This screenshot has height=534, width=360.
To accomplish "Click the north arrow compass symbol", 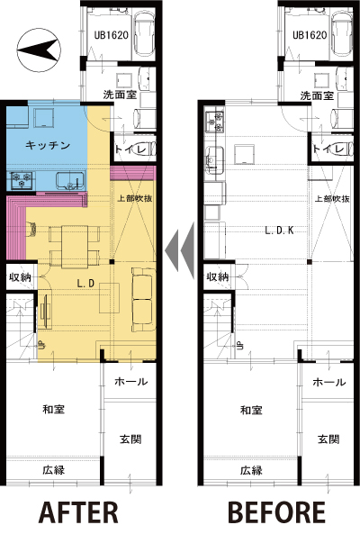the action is click(39, 50).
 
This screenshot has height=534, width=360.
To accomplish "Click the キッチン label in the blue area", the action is click(48, 145).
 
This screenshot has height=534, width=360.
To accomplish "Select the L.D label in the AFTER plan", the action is click(85, 284).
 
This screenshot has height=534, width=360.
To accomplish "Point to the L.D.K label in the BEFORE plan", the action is click(279, 231).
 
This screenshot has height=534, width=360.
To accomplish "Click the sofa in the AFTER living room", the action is click(142, 299).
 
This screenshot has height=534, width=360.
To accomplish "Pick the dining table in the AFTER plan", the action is click(75, 246).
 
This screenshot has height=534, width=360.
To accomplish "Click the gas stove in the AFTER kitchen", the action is click(22, 180).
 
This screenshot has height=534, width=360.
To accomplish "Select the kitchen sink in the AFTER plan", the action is click(70, 180).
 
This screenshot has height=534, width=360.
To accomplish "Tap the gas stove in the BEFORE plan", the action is click(215, 122).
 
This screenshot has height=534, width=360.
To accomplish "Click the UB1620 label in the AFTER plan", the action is click(111, 35).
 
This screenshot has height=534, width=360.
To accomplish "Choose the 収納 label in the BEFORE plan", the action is click(218, 276).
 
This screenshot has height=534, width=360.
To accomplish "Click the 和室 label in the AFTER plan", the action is click(54, 409).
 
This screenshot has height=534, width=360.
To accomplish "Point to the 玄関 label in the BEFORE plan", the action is click(328, 439).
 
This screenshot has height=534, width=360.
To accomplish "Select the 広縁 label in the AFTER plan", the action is click(54, 470).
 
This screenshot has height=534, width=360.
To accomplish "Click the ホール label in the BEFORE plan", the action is click(329, 382).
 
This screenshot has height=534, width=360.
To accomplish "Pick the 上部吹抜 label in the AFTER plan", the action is click(134, 198).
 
